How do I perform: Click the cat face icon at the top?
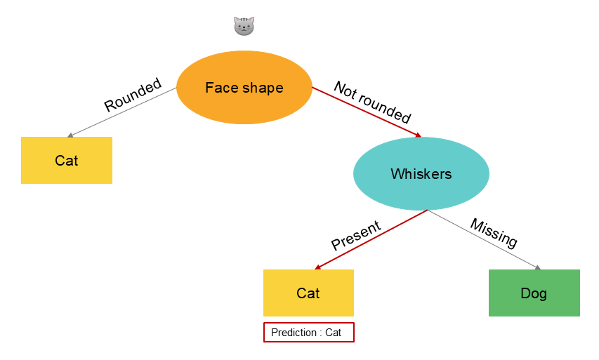click(244, 27)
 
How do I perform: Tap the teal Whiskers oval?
click(421, 174)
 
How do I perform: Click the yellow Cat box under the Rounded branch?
click(67, 161)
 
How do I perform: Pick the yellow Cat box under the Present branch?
click(308, 293)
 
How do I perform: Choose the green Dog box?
click(534, 293)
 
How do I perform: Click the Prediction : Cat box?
click(308, 332)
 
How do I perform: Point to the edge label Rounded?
click(133, 95)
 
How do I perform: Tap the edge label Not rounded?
click(372, 102)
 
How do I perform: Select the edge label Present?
click(356, 236)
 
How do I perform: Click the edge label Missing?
click(494, 233)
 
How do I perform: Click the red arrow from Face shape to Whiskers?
click(365, 112)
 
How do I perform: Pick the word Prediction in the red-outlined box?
click(294, 333)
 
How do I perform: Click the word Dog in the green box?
click(534, 293)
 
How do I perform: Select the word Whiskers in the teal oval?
click(421, 174)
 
